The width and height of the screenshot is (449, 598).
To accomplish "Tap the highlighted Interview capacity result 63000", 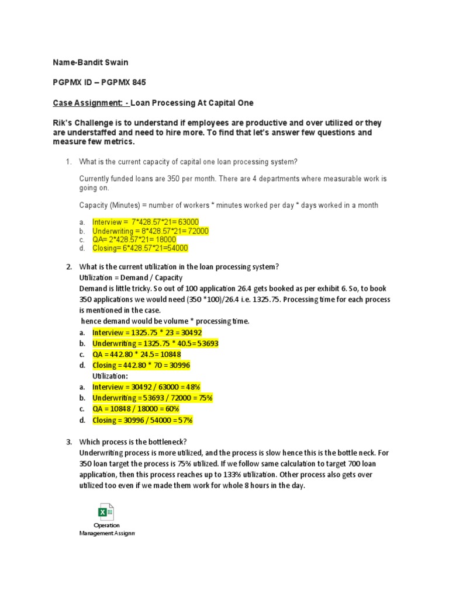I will tap(186, 222).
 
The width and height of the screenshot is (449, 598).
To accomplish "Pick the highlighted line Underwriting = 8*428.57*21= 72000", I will tap(150, 231).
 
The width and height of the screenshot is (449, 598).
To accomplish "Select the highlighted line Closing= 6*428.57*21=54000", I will tap(140, 248).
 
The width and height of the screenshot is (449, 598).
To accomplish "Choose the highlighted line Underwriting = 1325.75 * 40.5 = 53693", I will tap(156, 343).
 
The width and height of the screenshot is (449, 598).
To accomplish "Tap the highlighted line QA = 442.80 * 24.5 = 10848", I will tap(137, 354).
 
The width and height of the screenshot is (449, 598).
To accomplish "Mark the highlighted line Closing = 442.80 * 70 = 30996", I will tap(141, 365).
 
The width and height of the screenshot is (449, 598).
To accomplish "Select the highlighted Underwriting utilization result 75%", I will tap(204, 398).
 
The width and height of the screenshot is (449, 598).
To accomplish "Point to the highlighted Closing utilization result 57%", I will tap(184, 420).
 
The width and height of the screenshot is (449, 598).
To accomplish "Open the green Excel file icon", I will tap(106, 512).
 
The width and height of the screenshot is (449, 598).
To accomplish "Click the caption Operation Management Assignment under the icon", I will tap(107, 530).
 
